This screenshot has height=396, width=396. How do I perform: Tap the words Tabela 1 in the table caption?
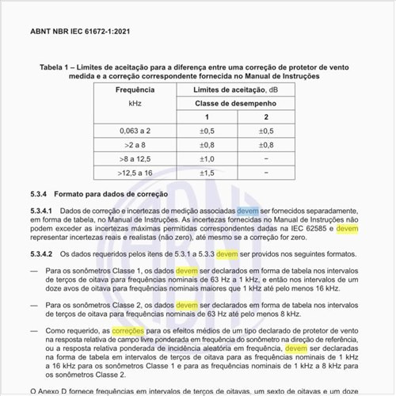pyautogui.click(x=53, y=68)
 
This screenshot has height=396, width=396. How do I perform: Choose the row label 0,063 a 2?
pyautogui.click(x=133, y=131)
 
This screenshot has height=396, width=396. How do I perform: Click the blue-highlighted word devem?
pyautogui.click(x=247, y=211)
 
